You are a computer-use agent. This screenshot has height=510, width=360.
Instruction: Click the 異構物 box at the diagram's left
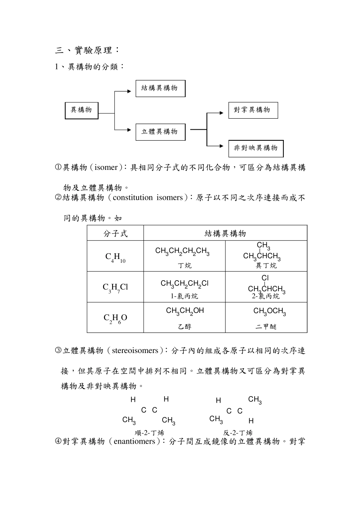coord(81,110)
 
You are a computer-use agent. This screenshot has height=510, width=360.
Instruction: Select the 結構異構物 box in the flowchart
coord(160,88)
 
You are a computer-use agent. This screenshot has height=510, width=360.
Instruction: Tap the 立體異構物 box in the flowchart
coord(160,132)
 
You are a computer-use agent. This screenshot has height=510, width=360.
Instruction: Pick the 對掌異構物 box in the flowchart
coord(253,110)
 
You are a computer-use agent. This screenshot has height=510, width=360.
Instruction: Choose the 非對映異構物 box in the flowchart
coord(256,148)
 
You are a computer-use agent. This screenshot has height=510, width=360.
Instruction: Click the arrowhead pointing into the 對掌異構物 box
coord(222,113)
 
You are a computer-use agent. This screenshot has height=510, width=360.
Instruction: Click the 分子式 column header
coord(115,233)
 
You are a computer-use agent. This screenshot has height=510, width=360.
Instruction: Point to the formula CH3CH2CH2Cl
coord(185,284)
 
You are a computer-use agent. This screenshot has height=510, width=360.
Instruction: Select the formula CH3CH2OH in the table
coord(185,311)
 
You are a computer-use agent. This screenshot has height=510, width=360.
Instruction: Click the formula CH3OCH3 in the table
coord(269,312)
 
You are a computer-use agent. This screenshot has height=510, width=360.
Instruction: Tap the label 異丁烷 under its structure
coord(266,266)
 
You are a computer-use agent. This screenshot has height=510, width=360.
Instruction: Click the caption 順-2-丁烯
coord(149,433)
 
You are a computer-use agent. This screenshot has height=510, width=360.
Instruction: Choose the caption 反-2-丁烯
coord(238,433)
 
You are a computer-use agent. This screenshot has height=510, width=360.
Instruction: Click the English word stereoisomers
coord(135,351)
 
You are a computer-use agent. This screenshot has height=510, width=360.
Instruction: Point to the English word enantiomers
coord(134,441)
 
